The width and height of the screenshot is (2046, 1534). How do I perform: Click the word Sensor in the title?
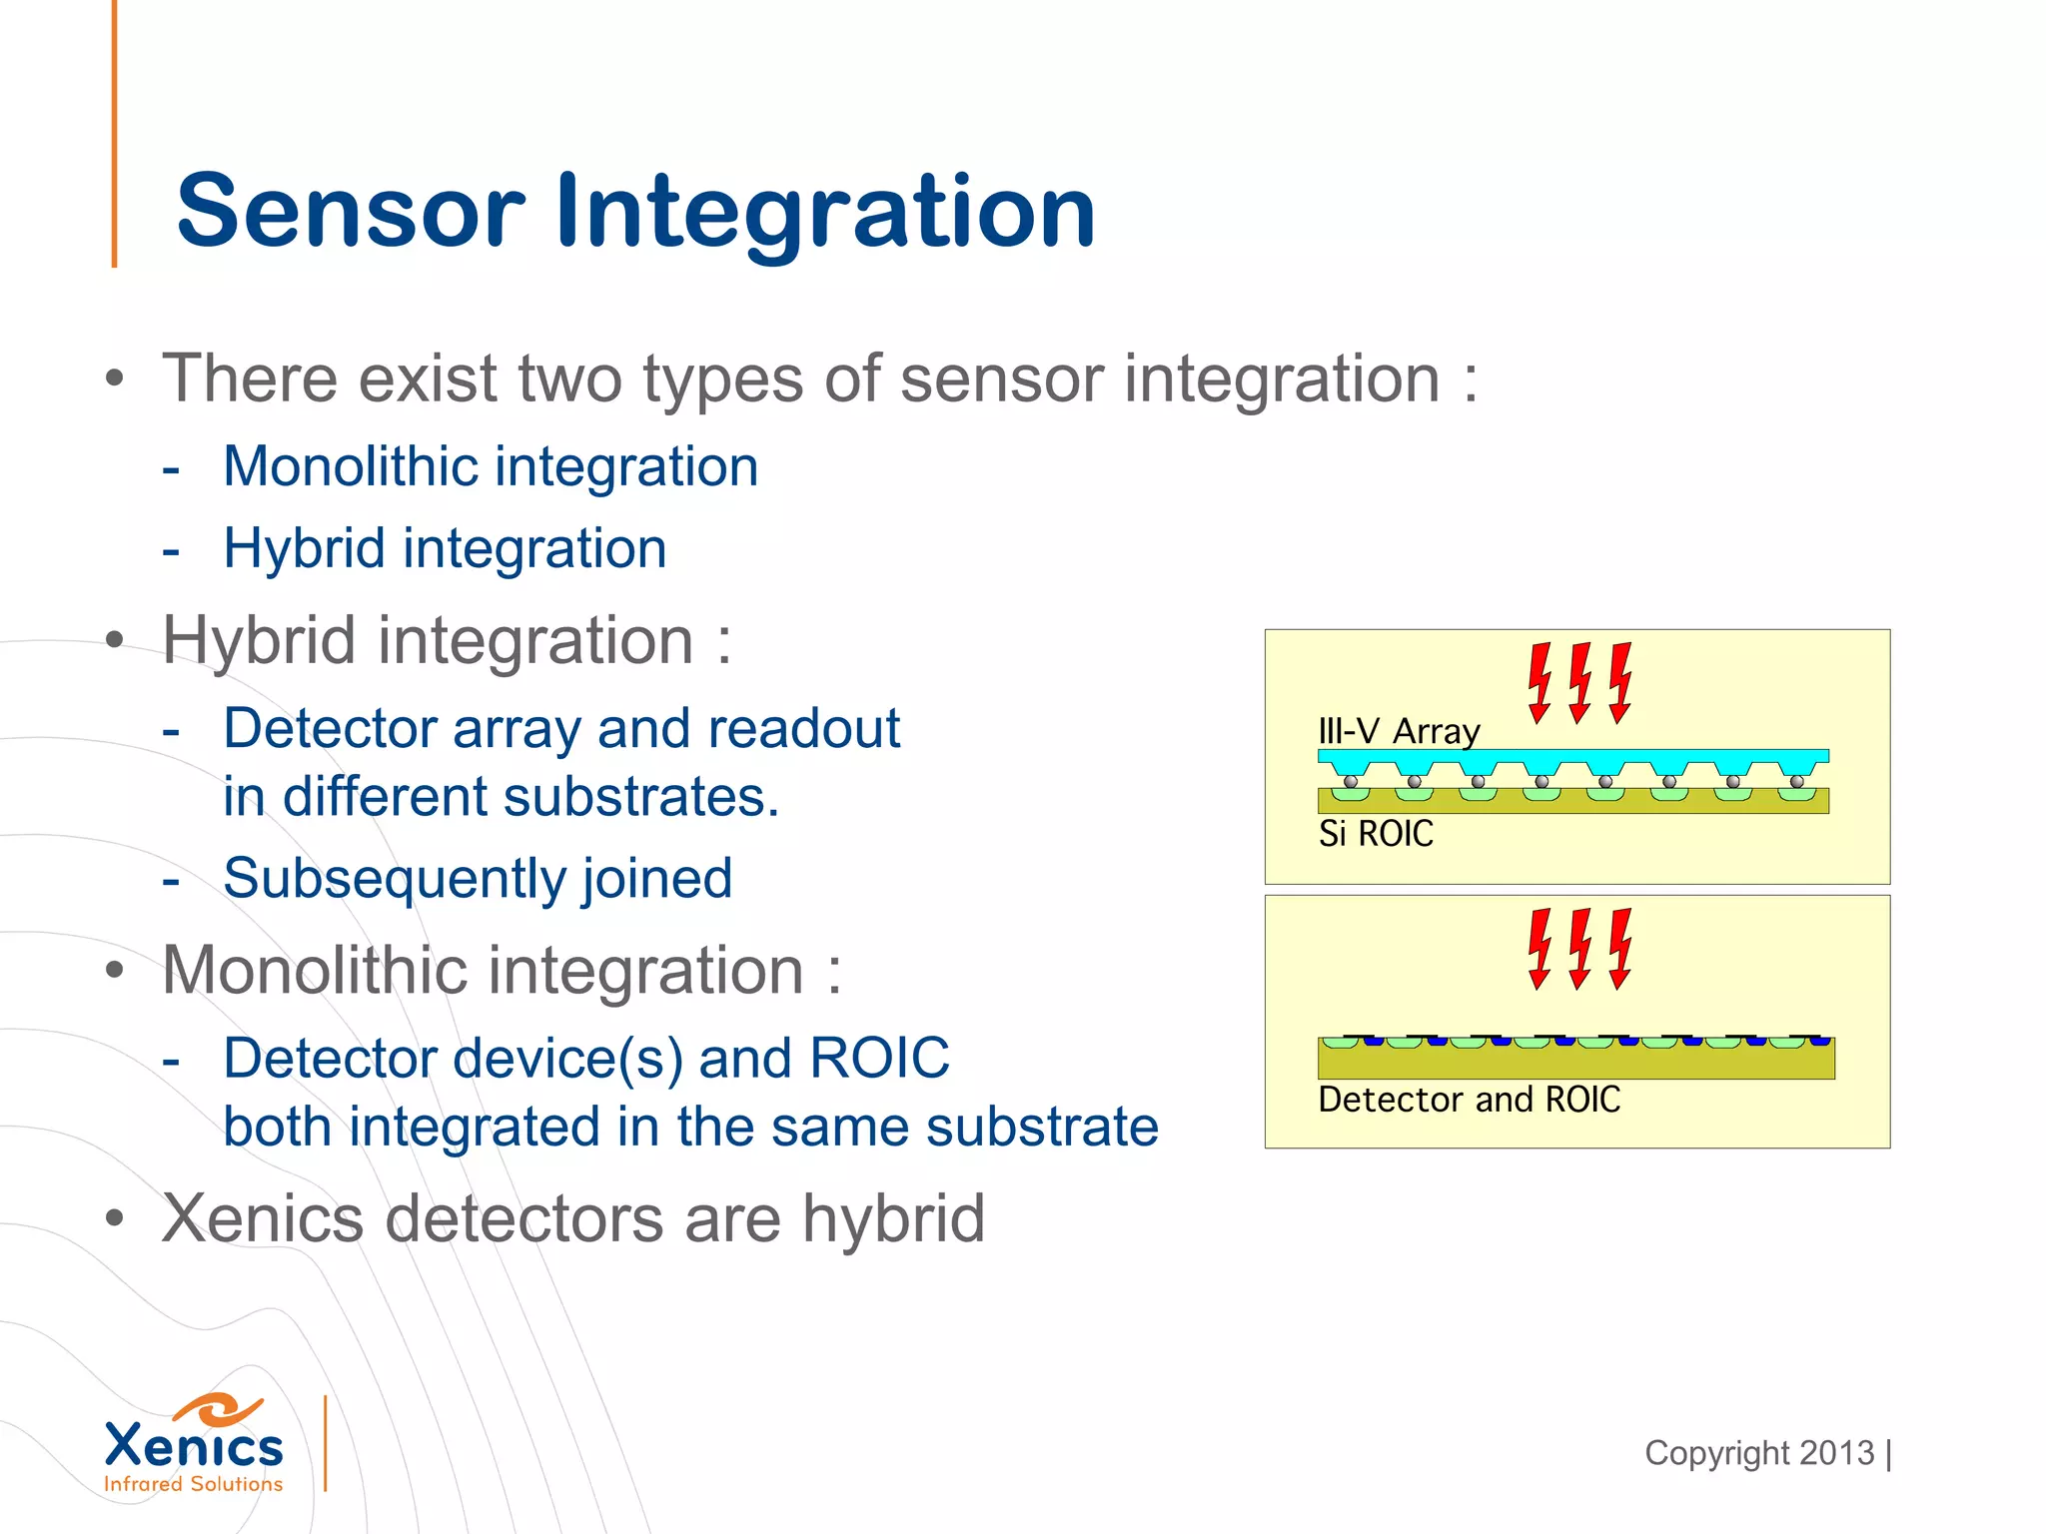[350, 211]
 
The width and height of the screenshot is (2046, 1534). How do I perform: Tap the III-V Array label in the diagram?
[1398, 731]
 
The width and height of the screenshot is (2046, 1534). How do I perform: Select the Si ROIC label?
[1376, 833]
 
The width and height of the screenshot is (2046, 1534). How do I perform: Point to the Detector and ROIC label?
[1469, 1099]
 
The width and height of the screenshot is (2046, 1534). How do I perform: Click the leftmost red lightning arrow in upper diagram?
[1539, 683]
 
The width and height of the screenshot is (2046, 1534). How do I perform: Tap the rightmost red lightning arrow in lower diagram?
[1619, 949]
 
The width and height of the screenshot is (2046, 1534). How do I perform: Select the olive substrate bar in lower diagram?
[1575, 1063]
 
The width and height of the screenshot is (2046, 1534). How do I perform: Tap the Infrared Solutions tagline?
[194, 1484]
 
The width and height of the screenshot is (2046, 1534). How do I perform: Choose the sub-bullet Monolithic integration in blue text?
[491, 466]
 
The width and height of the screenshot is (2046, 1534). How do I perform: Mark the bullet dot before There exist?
[115, 380]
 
